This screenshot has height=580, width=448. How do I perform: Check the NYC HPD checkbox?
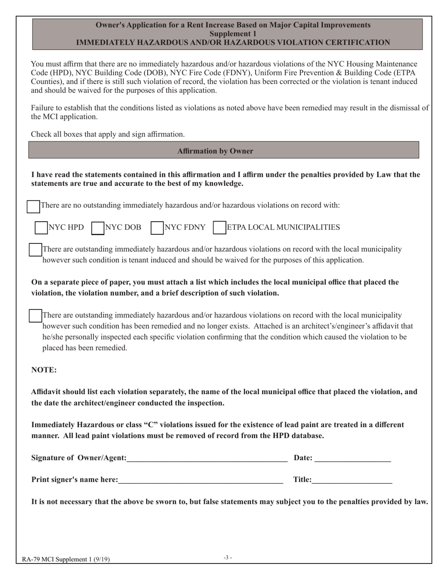(x=41, y=228)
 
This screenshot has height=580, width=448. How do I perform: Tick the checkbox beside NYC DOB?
(x=97, y=228)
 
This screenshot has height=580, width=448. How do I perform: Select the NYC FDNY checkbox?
(x=157, y=228)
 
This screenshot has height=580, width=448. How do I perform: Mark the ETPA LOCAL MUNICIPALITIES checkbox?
(x=219, y=228)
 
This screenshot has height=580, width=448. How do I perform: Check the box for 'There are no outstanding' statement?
(x=33, y=206)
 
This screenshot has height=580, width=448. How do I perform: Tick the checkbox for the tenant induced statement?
(x=35, y=250)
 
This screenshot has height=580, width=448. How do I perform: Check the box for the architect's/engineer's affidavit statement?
(x=35, y=316)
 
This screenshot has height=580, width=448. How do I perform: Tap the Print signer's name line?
(x=200, y=480)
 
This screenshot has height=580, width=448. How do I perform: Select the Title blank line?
(x=352, y=480)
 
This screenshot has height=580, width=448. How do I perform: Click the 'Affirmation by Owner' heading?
(x=215, y=151)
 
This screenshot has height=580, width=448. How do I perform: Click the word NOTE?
(x=44, y=370)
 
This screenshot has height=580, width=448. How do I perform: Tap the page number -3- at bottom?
(x=228, y=558)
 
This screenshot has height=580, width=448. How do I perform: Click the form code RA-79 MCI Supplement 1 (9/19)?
(x=66, y=560)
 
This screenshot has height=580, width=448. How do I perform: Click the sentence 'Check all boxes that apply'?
(x=108, y=134)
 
